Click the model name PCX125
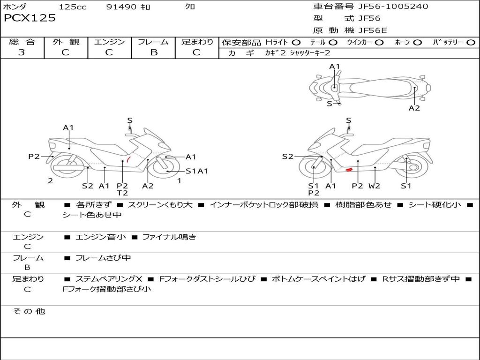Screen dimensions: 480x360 (x=30, y=18)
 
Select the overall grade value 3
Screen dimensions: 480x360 (x=22, y=52)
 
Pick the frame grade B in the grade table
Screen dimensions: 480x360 (x=153, y=52)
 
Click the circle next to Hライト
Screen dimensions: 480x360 (x=296, y=43)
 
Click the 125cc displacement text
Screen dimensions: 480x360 (x=73, y=7)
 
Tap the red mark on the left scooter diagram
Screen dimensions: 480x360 (x=128, y=160)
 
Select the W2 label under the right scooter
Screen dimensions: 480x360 (x=374, y=186)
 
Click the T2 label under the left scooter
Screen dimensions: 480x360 (x=122, y=193)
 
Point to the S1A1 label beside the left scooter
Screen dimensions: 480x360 (x=197, y=171)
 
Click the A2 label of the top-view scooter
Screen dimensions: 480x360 (x=414, y=108)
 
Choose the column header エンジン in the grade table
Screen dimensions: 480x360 (x=109, y=42)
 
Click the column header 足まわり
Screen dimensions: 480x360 (x=197, y=42)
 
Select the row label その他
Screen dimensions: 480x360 (x=29, y=311)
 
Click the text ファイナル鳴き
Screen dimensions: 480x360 (x=169, y=237)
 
